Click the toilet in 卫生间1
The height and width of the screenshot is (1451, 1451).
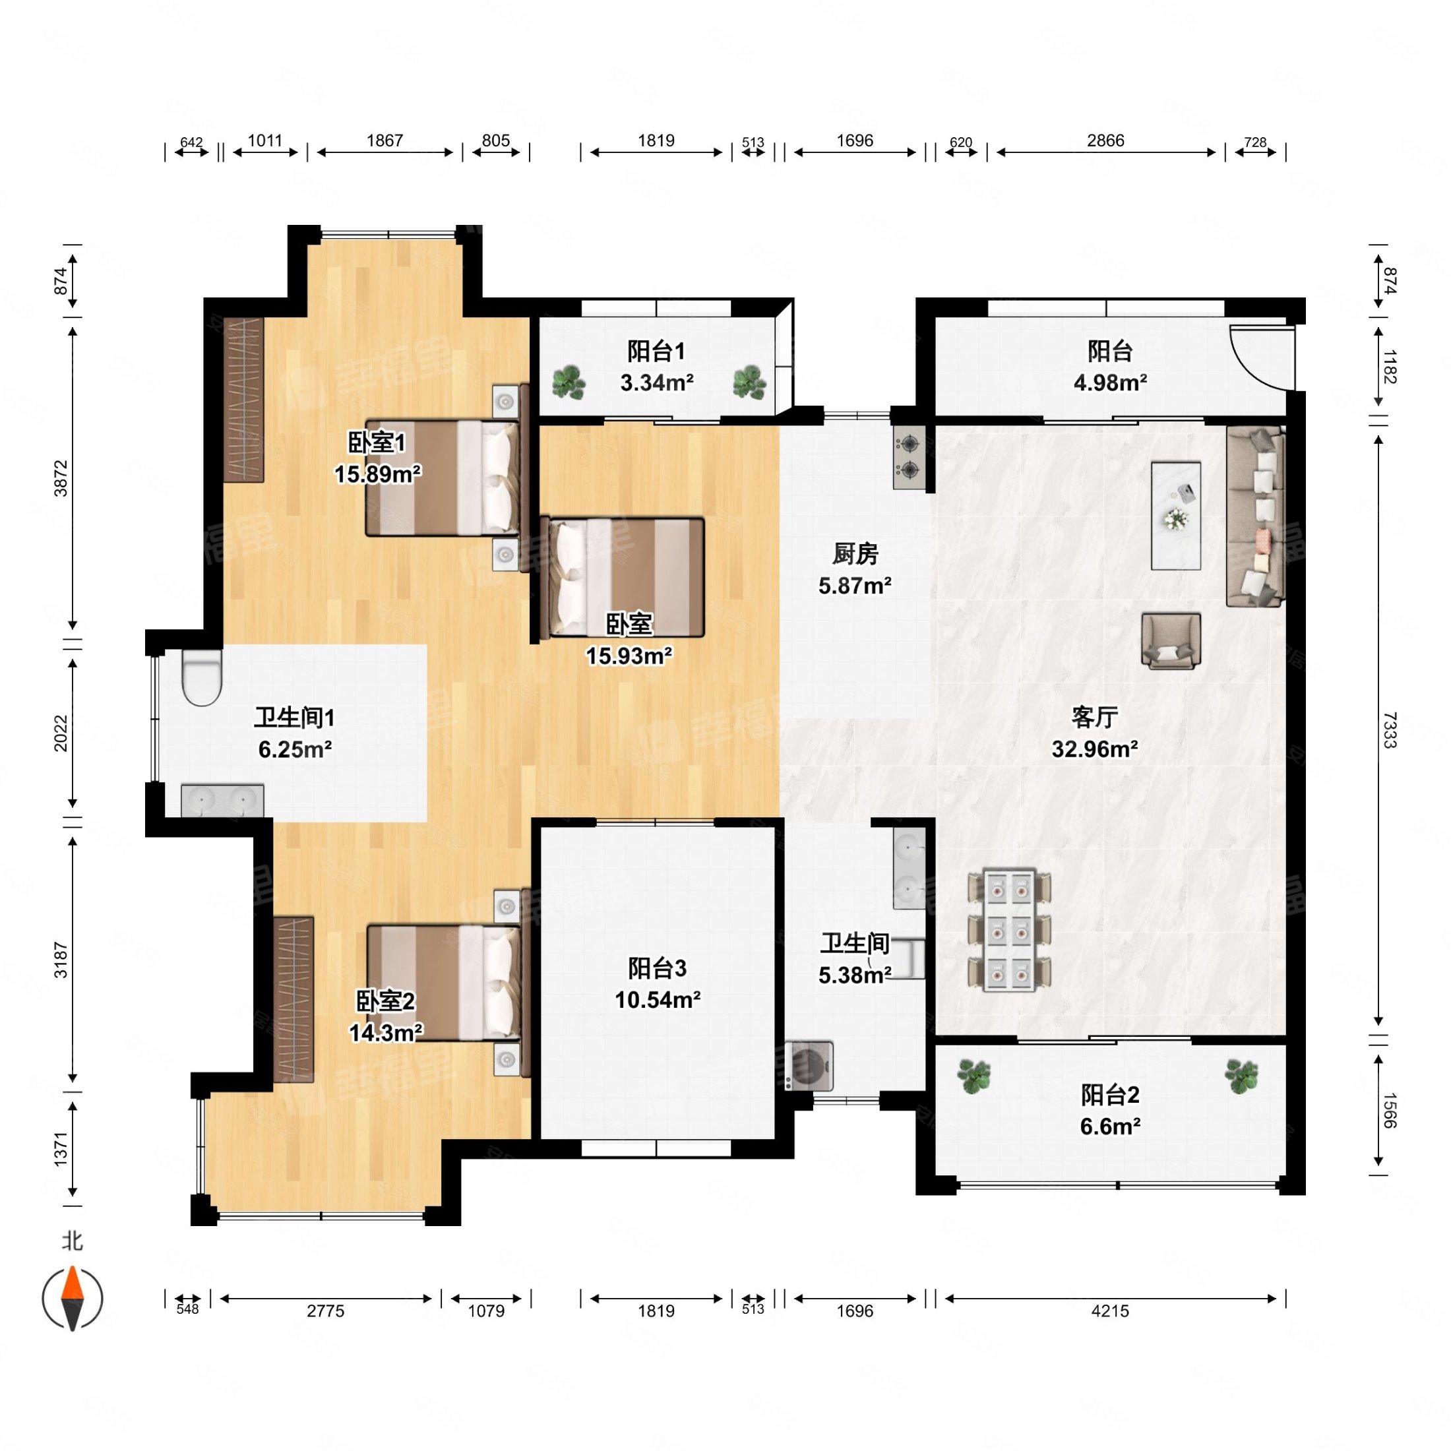202,677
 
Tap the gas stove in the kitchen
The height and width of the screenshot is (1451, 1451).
910,457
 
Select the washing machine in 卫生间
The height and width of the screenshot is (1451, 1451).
809,1065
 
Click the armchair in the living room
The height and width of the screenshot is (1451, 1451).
1171,640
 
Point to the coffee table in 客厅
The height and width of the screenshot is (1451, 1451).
1176,515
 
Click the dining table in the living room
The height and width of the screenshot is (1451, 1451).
1009,930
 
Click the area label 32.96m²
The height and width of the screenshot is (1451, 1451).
1094,749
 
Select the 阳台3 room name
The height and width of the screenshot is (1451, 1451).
657,968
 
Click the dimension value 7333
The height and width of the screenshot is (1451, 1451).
1390,730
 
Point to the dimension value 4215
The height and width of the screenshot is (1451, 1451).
1110,1311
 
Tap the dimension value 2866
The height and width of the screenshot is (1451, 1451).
1105,140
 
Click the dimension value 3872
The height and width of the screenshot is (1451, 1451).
61,478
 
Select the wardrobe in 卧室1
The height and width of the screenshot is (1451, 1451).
244,400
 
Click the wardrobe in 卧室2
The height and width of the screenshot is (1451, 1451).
293,999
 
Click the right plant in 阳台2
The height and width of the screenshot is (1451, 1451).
1241,1076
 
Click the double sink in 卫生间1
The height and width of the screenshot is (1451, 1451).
222,801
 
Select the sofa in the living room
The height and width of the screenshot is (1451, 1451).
1256,516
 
